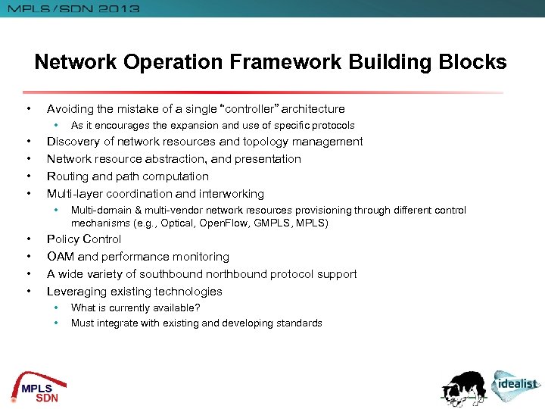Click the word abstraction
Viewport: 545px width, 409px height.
click(x=171, y=159)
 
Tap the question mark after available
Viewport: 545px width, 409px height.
click(x=198, y=308)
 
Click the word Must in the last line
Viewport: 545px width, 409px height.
click(x=82, y=323)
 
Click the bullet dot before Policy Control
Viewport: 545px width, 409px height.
click(x=28, y=239)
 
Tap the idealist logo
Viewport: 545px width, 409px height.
click(x=516, y=384)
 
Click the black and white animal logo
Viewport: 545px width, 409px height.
click(x=466, y=386)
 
